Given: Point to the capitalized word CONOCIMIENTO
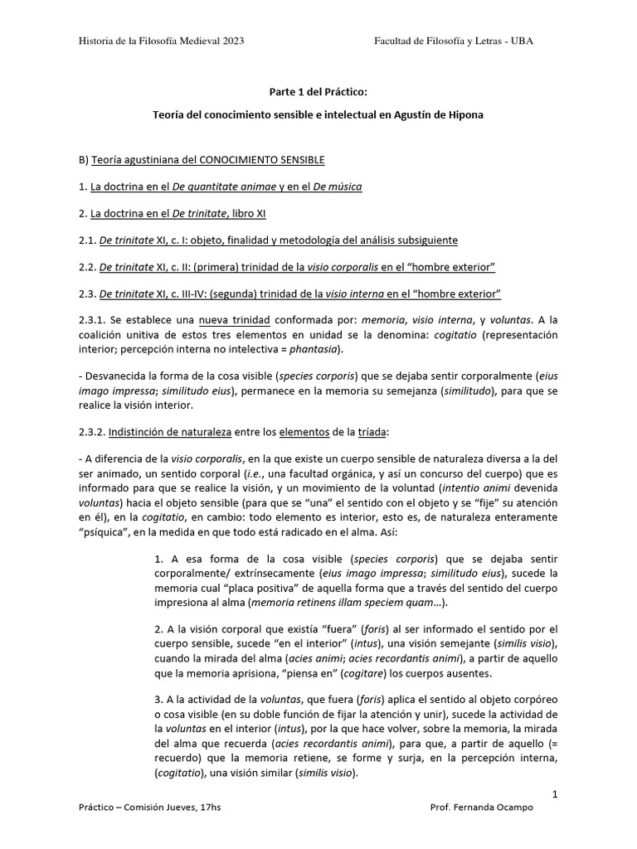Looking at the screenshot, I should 236,158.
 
